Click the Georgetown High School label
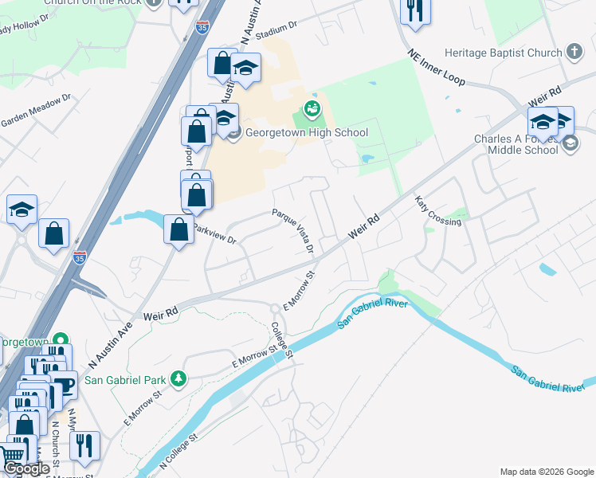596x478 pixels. click(x=306, y=133)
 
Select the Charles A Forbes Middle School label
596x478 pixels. click(x=506, y=143)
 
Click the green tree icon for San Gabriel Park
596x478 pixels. click(x=180, y=377)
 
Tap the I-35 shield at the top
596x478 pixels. click(x=203, y=27)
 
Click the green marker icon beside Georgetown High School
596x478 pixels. click(x=312, y=108)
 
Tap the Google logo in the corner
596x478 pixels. click(x=27, y=468)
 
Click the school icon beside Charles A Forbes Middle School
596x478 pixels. click(x=570, y=143)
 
